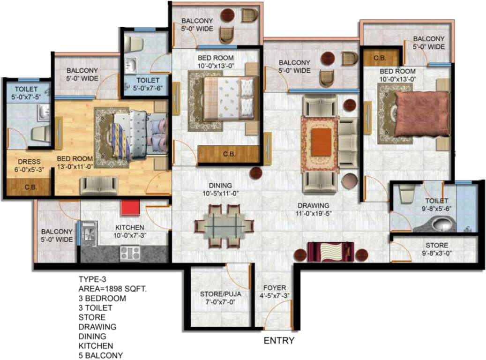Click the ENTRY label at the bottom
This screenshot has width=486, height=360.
pos(279,341)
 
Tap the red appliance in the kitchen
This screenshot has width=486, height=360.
pos(128,208)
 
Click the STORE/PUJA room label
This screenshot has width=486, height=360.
pos(220,298)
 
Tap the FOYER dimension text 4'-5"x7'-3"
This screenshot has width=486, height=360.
pos(274,295)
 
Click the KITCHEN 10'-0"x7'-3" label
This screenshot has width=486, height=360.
pos(131,232)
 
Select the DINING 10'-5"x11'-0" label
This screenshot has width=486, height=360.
pos(220,189)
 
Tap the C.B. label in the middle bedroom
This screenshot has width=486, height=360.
pos(229,154)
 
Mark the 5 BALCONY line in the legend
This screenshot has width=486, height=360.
pos(100,355)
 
